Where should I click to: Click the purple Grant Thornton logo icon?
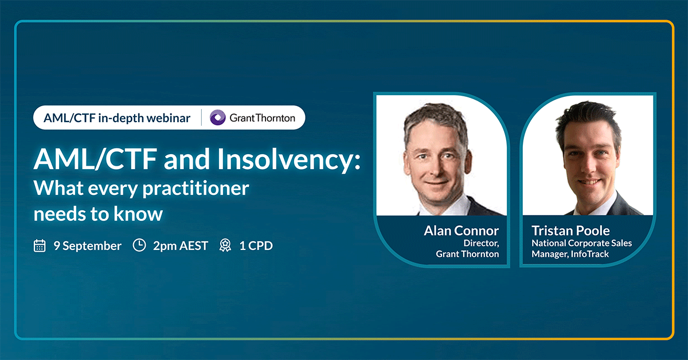(217, 118)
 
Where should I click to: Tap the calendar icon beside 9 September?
(40, 246)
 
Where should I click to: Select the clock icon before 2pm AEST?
(139, 245)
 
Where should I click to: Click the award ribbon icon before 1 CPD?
(225, 246)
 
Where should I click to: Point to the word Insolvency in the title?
(289, 160)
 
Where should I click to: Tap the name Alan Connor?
(462, 230)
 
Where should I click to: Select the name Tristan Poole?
(570, 230)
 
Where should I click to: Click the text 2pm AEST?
(181, 246)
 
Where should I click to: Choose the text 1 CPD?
(256, 246)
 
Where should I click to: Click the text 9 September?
(88, 246)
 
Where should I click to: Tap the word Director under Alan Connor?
(481, 243)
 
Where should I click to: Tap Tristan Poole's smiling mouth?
(588, 182)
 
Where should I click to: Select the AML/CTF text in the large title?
(96, 159)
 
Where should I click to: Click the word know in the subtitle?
(138, 214)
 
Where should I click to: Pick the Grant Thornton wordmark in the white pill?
(263, 118)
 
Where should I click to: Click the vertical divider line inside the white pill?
(201, 118)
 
